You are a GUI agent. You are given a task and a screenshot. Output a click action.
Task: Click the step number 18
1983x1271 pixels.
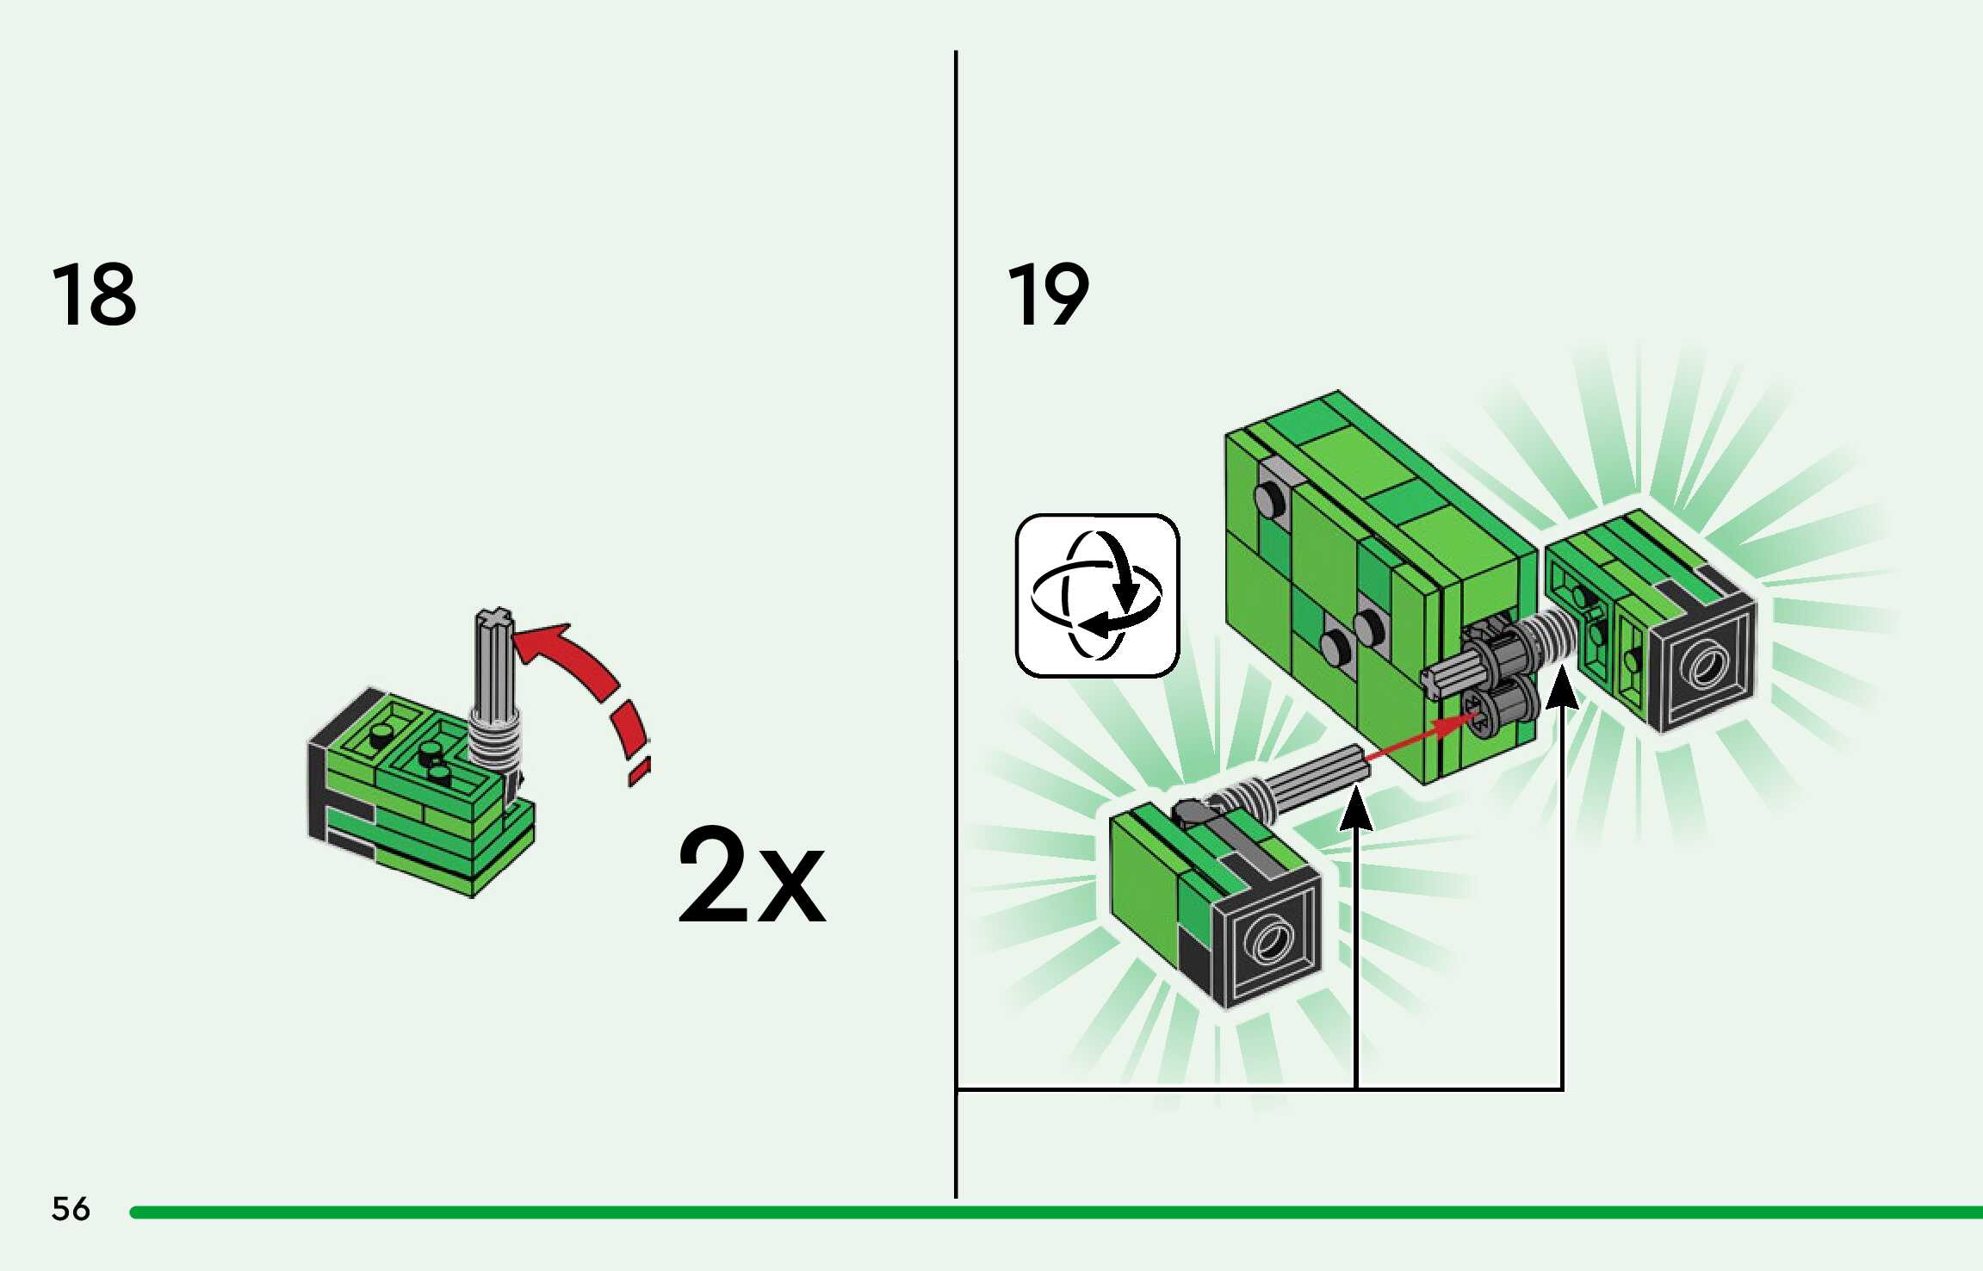point(94,294)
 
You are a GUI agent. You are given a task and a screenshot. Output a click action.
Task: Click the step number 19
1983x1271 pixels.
point(1048,294)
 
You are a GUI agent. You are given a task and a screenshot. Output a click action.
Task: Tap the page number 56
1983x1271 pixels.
point(71,1209)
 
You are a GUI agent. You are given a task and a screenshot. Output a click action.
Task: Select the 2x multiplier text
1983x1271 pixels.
point(752,875)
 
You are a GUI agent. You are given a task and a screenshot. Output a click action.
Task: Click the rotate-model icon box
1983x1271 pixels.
point(1097,595)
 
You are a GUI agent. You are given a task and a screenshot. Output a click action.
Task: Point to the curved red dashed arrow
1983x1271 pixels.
point(594,680)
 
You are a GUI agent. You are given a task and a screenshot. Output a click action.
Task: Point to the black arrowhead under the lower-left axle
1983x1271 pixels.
point(1356,811)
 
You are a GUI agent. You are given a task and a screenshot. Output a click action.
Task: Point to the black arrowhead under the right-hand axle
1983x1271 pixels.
point(1562,691)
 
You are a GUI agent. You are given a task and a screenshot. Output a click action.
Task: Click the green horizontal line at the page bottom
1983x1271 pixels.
point(1033,1212)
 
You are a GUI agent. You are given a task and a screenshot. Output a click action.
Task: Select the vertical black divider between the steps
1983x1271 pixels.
point(956,603)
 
